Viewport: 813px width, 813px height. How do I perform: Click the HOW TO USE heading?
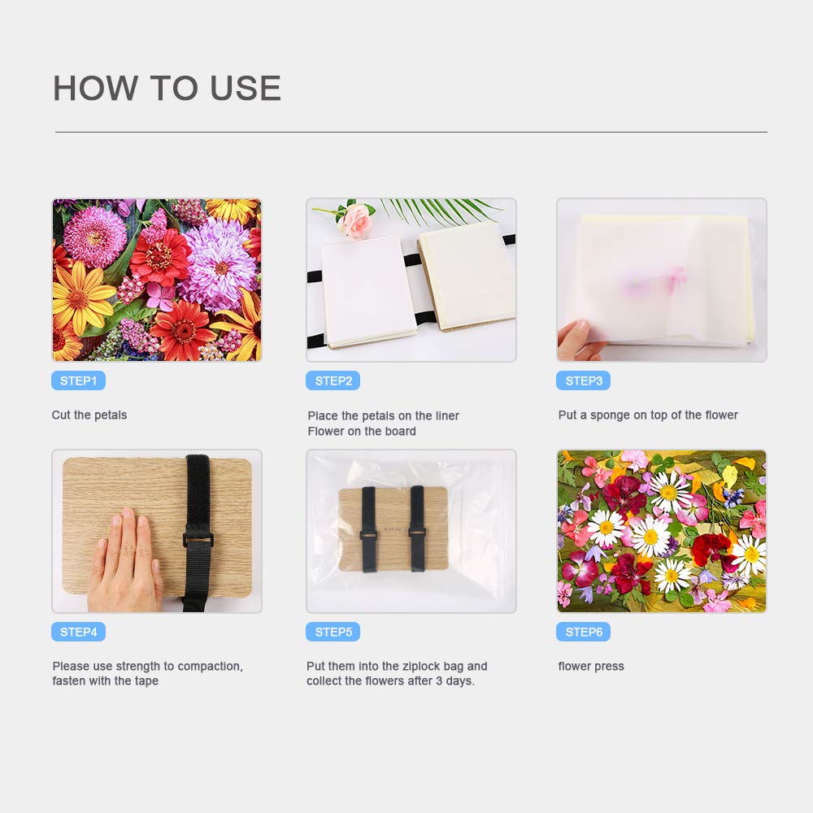tap(167, 88)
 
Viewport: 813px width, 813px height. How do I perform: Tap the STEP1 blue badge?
tap(78, 380)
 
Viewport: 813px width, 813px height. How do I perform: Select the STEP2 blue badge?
tap(333, 380)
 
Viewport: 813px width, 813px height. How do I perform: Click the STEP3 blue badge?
tap(583, 380)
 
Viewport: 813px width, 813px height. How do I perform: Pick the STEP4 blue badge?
tap(78, 632)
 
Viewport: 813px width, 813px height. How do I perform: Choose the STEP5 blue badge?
tap(333, 632)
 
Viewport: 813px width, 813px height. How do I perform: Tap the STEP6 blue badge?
tap(583, 632)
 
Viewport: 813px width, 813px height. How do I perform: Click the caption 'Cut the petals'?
tap(89, 415)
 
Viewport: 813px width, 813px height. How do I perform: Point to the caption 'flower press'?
tap(591, 667)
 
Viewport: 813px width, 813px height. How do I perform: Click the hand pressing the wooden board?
tap(124, 563)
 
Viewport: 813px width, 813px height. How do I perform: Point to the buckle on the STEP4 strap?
tap(198, 539)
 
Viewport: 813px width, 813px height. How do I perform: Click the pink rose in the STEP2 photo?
tap(354, 220)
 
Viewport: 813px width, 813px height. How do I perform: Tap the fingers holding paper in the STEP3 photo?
tap(580, 340)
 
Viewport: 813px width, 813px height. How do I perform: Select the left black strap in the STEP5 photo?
tap(368, 529)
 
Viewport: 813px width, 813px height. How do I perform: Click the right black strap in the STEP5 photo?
tap(417, 529)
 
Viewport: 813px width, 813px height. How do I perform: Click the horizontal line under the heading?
tap(411, 133)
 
